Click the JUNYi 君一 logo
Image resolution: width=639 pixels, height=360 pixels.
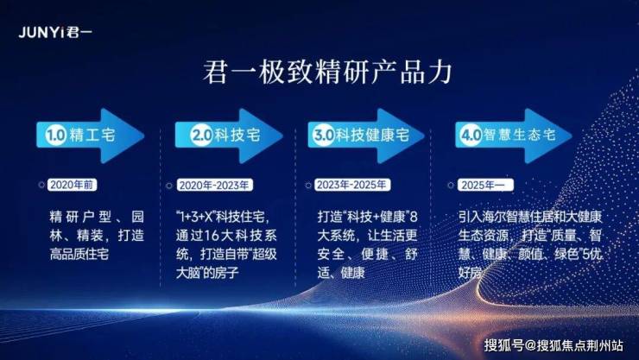55,32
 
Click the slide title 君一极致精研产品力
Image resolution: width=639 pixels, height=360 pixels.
327,73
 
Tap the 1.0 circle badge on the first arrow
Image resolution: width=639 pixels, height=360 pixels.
56,136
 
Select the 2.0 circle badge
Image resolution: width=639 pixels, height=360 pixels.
202,135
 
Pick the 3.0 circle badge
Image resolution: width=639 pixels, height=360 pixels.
324,135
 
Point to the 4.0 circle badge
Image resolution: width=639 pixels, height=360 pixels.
471,135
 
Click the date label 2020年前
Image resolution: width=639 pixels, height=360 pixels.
73,185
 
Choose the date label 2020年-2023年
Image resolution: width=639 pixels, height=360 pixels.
214,186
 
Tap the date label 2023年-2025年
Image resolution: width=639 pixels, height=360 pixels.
351,185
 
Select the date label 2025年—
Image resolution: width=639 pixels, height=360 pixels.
485,186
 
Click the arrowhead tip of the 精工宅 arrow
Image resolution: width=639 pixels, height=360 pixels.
144,136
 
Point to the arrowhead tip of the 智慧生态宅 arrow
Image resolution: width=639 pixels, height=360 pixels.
572,136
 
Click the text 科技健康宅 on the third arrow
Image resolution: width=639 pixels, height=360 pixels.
372,135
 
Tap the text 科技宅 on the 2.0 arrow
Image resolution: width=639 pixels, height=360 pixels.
237,135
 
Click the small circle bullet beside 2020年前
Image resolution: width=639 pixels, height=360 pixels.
41,185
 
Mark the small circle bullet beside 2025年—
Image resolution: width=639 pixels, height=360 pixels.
451,186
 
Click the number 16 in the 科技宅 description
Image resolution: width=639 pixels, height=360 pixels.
212,236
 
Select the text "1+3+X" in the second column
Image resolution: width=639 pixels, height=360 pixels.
196,217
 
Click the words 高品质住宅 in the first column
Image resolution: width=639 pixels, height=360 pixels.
79,254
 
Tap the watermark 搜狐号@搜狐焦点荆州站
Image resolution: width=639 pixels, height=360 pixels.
554,345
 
